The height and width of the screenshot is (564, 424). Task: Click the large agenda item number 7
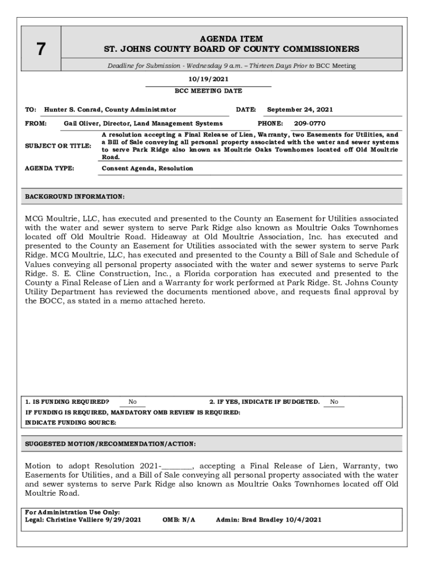pyautogui.click(x=41, y=50)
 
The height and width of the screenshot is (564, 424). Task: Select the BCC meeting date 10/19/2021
pyautogui.click(x=208, y=79)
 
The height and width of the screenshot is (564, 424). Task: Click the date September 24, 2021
pyautogui.click(x=300, y=110)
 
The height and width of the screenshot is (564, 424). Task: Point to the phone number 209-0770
pyautogui.click(x=309, y=123)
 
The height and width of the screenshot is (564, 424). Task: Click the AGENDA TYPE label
pyautogui.click(x=50, y=168)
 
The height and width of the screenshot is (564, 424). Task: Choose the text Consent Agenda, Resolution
pyautogui.click(x=148, y=168)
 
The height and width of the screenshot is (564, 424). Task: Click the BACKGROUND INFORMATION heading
pyautogui.click(x=75, y=197)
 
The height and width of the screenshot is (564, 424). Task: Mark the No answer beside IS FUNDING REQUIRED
pyautogui.click(x=133, y=402)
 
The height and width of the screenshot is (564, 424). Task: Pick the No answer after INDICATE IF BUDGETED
pyautogui.click(x=334, y=402)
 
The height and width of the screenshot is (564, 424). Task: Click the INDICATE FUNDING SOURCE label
pyautogui.click(x=70, y=422)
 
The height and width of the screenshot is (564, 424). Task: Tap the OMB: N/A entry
pyautogui.click(x=179, y=519)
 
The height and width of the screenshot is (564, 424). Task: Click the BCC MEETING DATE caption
pyautogui.click(x=208, y=91)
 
